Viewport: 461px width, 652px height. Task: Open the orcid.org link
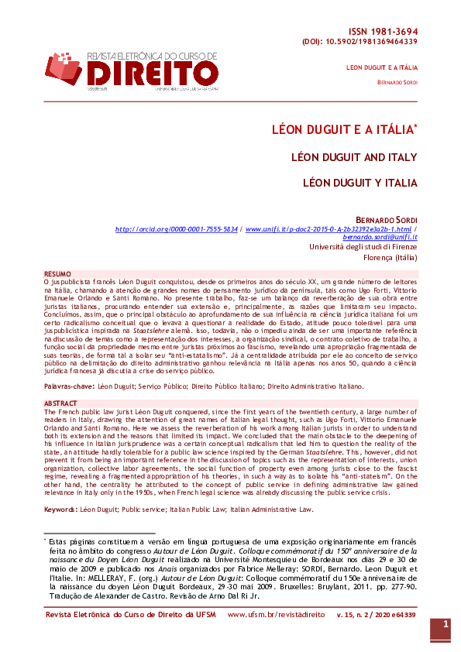(x=177, y=230)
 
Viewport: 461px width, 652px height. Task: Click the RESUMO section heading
(x=57, y=274)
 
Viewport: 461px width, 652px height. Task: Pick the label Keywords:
(x=60, y=509)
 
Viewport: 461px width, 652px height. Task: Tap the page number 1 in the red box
(x=446, y=624)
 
